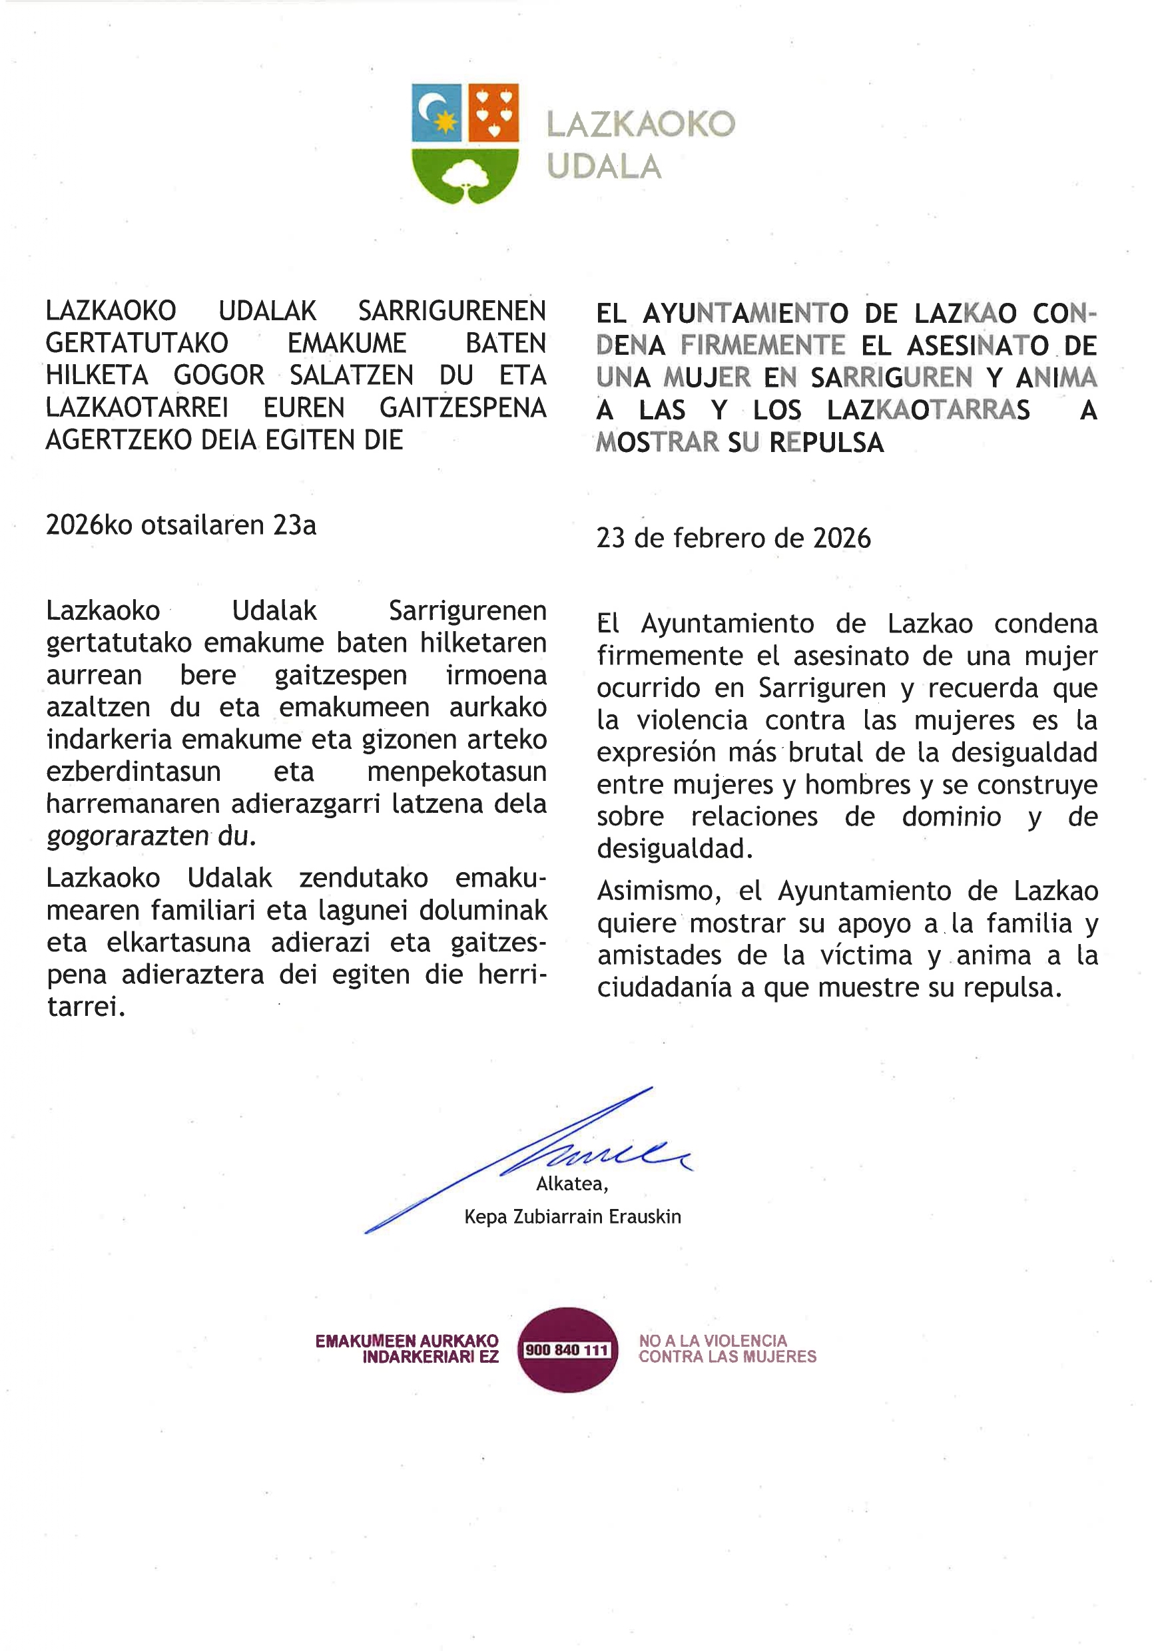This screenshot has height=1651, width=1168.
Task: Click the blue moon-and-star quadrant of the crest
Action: point(437,113)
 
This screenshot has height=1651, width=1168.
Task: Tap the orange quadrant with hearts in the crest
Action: point(493,113)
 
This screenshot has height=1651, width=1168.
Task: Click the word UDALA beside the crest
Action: point(603,167)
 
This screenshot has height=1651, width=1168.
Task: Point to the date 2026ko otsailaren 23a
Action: point(180,526)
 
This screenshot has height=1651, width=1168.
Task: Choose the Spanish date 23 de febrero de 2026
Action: point(733,539)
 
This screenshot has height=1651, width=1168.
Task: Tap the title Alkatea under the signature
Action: point(572,1184)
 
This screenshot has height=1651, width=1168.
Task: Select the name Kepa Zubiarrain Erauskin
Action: point(573,1217)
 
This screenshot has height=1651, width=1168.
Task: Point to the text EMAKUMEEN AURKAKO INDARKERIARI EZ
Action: point(407,1349)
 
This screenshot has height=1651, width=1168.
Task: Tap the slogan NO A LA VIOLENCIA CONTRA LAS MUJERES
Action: point(727,1349)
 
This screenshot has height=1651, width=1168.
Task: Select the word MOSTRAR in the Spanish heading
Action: point(657,442)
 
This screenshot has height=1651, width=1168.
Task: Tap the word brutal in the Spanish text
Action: point(827,752)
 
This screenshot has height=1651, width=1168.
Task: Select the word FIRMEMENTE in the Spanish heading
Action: point(762,346)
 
